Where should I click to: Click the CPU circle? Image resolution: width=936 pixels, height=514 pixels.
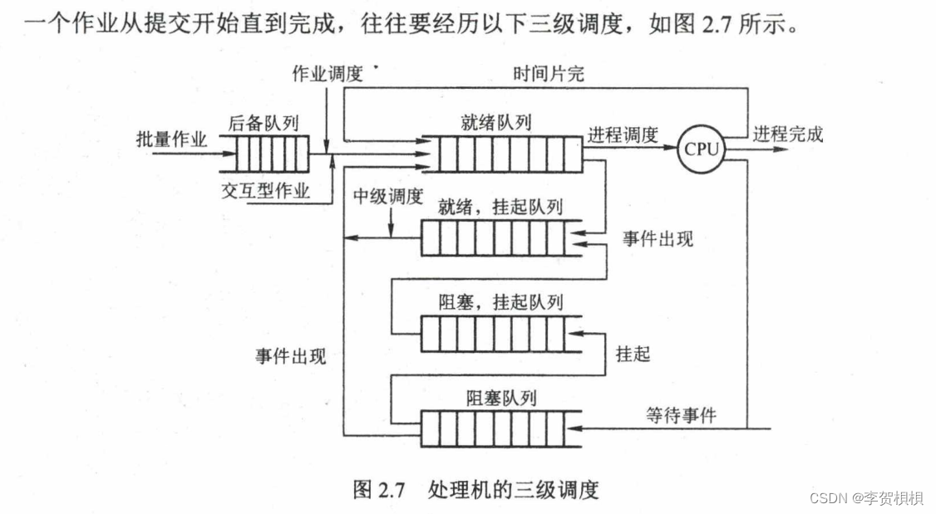coord(701,149)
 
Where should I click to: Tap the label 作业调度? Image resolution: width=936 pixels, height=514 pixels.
coord(327,73)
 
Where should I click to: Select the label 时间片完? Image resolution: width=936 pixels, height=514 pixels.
coord(549,73)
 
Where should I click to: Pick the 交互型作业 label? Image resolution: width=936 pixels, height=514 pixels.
coord(265,191)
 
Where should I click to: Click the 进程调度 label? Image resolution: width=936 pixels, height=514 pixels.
coord(623,135)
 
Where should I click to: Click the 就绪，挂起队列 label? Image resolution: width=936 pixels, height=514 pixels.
coord(500,206)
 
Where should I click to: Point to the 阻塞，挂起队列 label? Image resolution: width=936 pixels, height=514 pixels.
coord(500,301)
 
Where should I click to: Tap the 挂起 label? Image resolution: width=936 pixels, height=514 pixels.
coord(633,354)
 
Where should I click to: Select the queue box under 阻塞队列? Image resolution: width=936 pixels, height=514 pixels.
coord(493,429)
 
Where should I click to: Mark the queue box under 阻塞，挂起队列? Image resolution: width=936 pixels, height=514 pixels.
coord(493,334)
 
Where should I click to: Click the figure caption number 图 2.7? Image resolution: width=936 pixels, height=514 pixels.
coord(378,489)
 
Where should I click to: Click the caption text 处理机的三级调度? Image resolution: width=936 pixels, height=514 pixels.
coord(513,489)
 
